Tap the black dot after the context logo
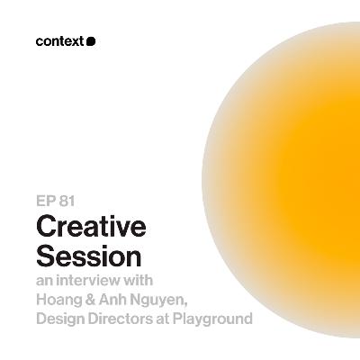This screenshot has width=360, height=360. [91, 40]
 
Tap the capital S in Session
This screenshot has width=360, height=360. [46, 256]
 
